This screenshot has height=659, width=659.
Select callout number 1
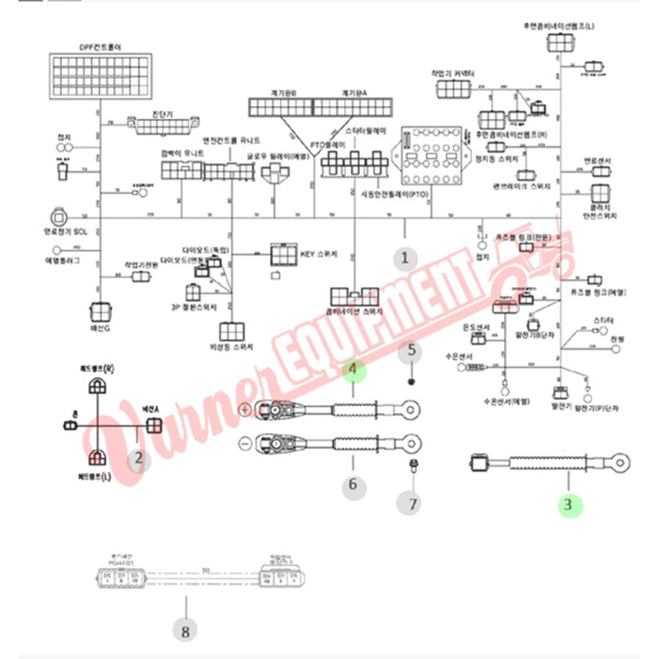[x=404, y=258]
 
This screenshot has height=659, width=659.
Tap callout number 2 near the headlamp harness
[x=139, y=458]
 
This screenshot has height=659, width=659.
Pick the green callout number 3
[x=568, y=504]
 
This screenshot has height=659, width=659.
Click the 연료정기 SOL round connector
[x=58, y=217]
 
